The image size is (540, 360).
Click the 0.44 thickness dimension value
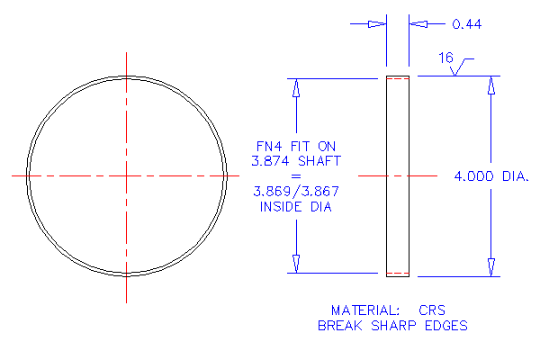tap(466, 24)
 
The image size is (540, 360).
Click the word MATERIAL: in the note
tap(361, 308)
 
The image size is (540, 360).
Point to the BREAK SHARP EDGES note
tap(392, 325)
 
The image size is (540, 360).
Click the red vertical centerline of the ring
tap(126, 108)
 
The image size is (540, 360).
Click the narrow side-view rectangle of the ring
tap(397, 175)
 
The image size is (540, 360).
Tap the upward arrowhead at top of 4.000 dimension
tap(491, 85)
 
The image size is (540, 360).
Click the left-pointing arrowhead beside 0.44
tap(417, 24)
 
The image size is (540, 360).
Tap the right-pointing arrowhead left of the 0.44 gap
tap(377, 24)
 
